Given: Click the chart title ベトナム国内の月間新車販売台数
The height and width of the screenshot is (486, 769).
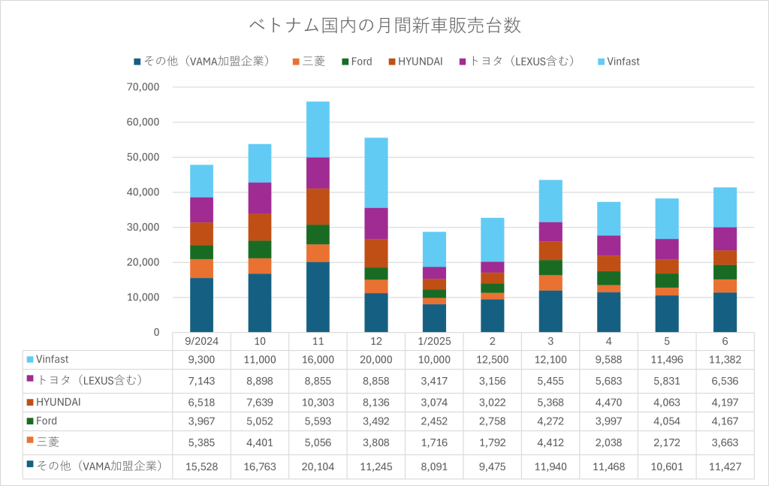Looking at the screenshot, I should click(x=384, y=25).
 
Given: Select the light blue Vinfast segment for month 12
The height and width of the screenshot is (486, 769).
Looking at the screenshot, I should click(x=376, y=173).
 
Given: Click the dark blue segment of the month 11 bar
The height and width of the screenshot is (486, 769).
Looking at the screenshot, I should click(x=318, y=297).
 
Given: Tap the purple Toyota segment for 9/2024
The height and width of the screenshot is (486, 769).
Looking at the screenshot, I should click(x=201, y=210).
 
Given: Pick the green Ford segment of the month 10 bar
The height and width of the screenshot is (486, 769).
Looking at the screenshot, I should click(x=260, y=249).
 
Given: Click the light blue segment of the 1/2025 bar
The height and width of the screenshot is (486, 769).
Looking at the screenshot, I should click(x=434, y=249).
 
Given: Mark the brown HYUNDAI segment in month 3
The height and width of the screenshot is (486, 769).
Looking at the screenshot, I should click(x=550, y=251).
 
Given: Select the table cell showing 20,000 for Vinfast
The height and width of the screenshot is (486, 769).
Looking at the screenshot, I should click(x=376, y=360).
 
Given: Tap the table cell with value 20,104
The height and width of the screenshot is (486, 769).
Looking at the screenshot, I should click(x=318, y=466).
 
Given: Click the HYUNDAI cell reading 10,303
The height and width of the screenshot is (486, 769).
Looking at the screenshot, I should click(x=318, y=403).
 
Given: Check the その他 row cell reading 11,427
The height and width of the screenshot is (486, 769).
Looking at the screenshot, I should click(x=725, y=466).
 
